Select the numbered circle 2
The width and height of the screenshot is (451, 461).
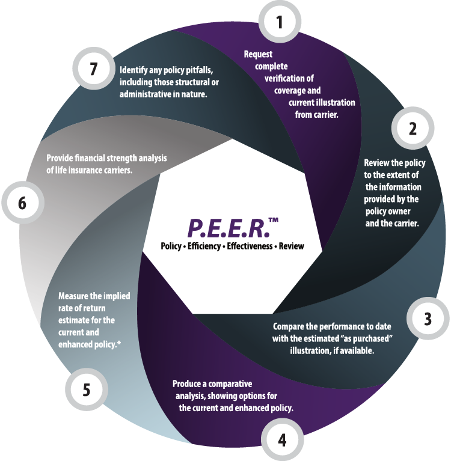pos(413,129)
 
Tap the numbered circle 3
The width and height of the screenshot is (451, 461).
pos(427,319)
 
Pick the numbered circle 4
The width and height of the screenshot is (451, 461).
pos(281,441)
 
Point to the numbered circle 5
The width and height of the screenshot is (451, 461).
pos(86,390)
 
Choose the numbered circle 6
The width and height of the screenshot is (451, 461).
pos(22,204)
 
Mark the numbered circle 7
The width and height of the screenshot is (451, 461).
pos(93,68)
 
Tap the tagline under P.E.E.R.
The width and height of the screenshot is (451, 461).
pos(232,246)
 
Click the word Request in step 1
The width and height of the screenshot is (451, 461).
pos(257,54)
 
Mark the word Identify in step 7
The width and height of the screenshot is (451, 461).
pos(135,69)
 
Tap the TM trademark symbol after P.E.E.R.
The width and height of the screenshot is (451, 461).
pos(274,221)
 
